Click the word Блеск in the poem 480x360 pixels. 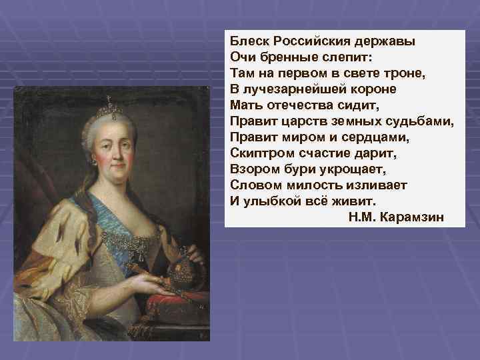click(247, 40)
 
